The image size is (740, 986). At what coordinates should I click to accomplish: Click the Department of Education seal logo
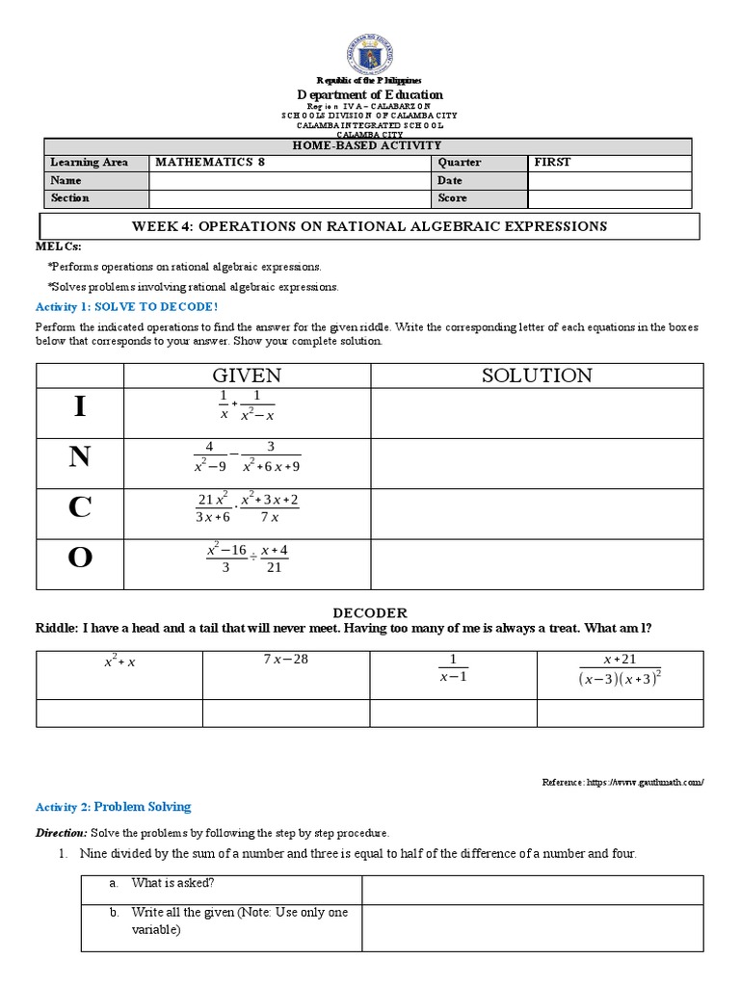coord(370,49)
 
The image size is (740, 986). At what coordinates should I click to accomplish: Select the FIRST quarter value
coord(553,163)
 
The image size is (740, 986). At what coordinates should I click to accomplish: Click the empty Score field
coord(609,198)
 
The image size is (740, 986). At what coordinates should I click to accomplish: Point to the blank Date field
coord(609,181)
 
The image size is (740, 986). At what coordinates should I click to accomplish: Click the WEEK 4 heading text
coord(369,227)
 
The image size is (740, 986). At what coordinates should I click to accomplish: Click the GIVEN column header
coord(247,376)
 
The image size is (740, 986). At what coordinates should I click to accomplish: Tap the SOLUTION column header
coord(537,376)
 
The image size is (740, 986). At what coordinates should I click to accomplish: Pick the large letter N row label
coord(80,458)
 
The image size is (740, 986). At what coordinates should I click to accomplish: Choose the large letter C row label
coord(80,508)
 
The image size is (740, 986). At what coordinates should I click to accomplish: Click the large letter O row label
coord(80,558)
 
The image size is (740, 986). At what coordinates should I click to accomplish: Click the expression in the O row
coord(247,558)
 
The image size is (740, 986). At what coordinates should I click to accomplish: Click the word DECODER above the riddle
coord(370,613)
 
